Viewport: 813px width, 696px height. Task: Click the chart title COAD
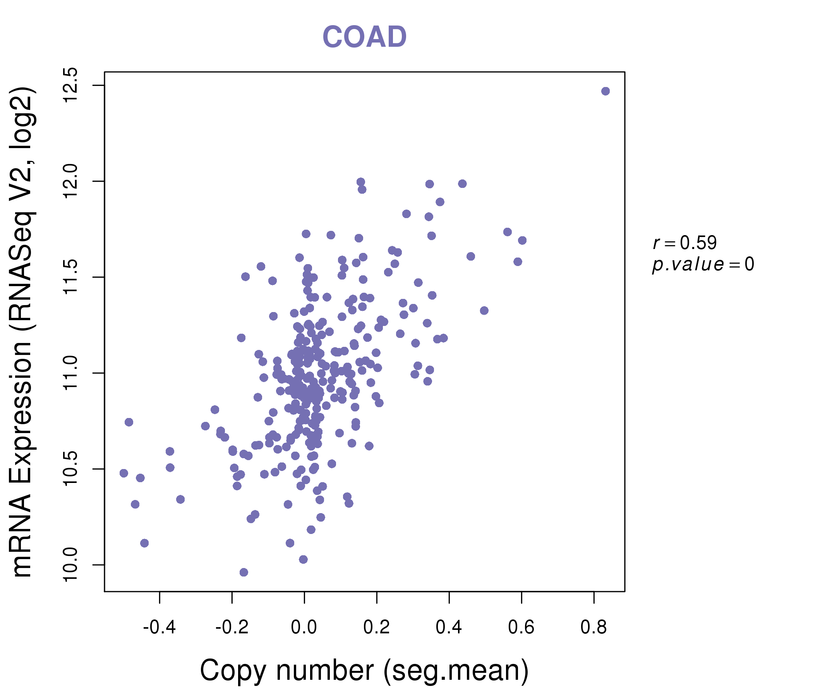tap(364, 37)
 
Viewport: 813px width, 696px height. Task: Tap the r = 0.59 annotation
tap(685, 243)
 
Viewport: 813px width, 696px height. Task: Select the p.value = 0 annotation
tap(703, 264)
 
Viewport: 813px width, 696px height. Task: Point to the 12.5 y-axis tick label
tap(71, 85)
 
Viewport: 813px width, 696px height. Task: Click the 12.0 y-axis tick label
tap(71, 181)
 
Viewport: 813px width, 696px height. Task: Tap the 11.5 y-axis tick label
tap(71, 277)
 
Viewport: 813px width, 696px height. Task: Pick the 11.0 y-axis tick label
tap(71, 373)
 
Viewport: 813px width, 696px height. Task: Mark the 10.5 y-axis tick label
tap(71, 469)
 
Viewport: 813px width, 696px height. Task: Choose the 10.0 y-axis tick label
tap(71, 565)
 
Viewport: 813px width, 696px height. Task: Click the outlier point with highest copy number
tap(605, 91)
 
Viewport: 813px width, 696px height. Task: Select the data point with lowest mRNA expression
tap(244, 572)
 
